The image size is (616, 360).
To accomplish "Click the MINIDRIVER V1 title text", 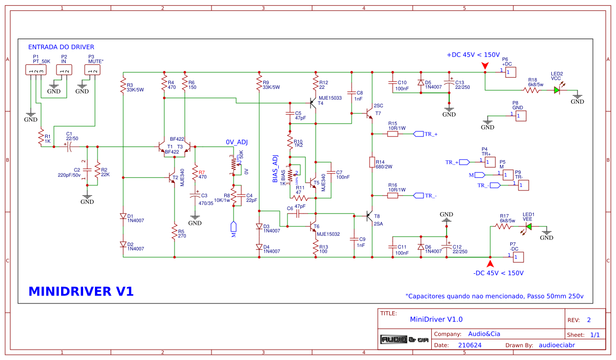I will click(81, 292).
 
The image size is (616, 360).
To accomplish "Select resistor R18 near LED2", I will click(532, 90).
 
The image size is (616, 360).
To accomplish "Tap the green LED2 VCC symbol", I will click(556, 90).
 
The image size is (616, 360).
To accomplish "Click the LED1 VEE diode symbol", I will click(528, 226).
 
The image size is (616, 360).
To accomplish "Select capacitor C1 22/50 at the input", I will click(69, 146).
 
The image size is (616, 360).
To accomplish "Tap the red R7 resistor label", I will click(202, 173).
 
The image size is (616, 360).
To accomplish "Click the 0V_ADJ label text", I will click(237, 142).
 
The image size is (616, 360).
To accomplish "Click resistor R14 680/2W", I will click(372, 162).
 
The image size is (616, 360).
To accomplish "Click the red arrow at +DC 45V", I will click(485, 65).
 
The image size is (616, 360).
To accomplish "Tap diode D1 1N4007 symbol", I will click(123, 216).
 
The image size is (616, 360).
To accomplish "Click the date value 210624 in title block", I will click(470, 345).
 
